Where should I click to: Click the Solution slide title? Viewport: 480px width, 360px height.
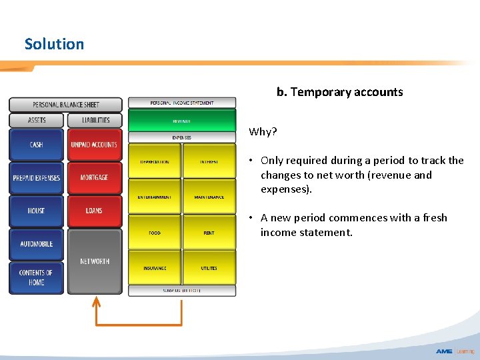55,44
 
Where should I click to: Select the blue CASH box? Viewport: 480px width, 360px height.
37,145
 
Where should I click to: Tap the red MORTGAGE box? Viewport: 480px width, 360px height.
94,178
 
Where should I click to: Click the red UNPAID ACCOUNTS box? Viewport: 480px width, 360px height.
94,145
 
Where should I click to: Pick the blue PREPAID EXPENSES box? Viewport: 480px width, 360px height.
37,178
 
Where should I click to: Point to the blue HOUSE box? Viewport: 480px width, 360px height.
37,211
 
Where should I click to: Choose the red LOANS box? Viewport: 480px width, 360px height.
94,211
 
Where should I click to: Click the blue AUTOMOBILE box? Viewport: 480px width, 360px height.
37,244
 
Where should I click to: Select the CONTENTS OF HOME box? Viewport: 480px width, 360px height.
37,277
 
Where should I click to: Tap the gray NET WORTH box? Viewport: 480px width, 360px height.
94,261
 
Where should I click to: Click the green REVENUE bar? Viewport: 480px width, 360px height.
182,121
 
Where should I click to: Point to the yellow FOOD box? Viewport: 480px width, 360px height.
155,233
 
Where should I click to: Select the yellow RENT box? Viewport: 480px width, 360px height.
209,233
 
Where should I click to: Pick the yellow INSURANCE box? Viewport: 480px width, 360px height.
155,268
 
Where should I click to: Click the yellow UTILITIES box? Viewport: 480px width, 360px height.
209,268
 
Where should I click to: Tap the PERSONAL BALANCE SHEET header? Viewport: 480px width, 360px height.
65,105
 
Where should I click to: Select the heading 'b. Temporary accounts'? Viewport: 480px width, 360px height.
340,92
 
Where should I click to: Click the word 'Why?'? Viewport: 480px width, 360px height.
263,131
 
